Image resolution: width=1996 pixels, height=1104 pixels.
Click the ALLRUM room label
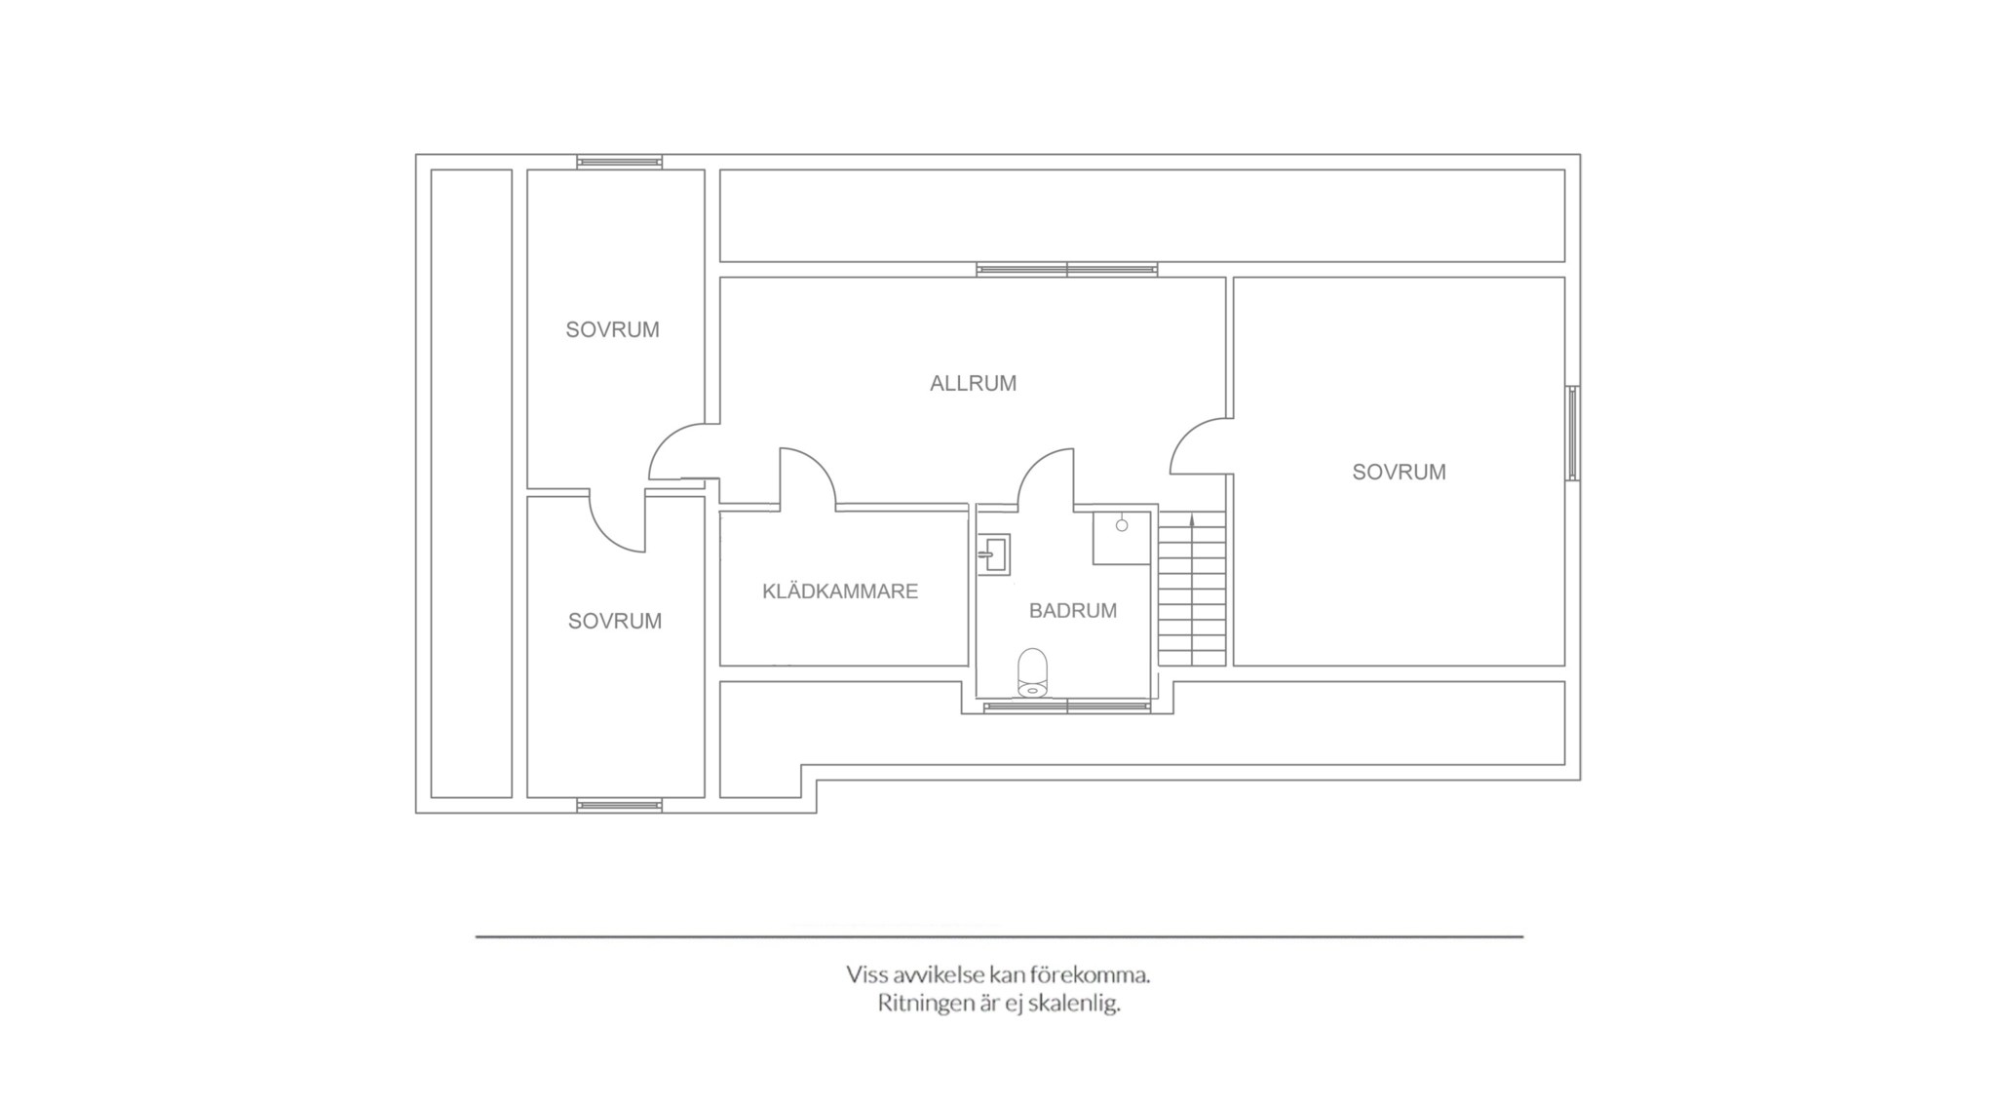click(x=973, y=384)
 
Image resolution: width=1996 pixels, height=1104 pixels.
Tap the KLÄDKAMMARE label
click(x=840, y=591)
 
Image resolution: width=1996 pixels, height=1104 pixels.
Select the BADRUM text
click(x=1073, y=611)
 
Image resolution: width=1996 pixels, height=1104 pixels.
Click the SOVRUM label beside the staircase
click(x=1399, y=473)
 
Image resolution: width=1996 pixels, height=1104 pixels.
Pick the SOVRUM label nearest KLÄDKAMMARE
click(x=615, y=622)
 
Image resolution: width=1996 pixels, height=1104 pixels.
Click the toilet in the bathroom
click(x=1032, y=672)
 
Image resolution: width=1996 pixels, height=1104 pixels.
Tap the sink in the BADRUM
click(x=994, y=553)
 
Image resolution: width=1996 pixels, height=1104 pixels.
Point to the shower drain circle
click(x=1122, y=525)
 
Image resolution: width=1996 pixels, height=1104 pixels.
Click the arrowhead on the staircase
click(x=1192, y=519)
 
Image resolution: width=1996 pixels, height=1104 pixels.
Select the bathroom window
click(x=1067, y=706)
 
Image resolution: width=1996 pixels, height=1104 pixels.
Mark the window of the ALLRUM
click(x=1067, y=270)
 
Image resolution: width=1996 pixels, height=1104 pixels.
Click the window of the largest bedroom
click(x=1573, y=434)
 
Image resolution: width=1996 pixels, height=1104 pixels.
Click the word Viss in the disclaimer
click(x=865, y=974)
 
